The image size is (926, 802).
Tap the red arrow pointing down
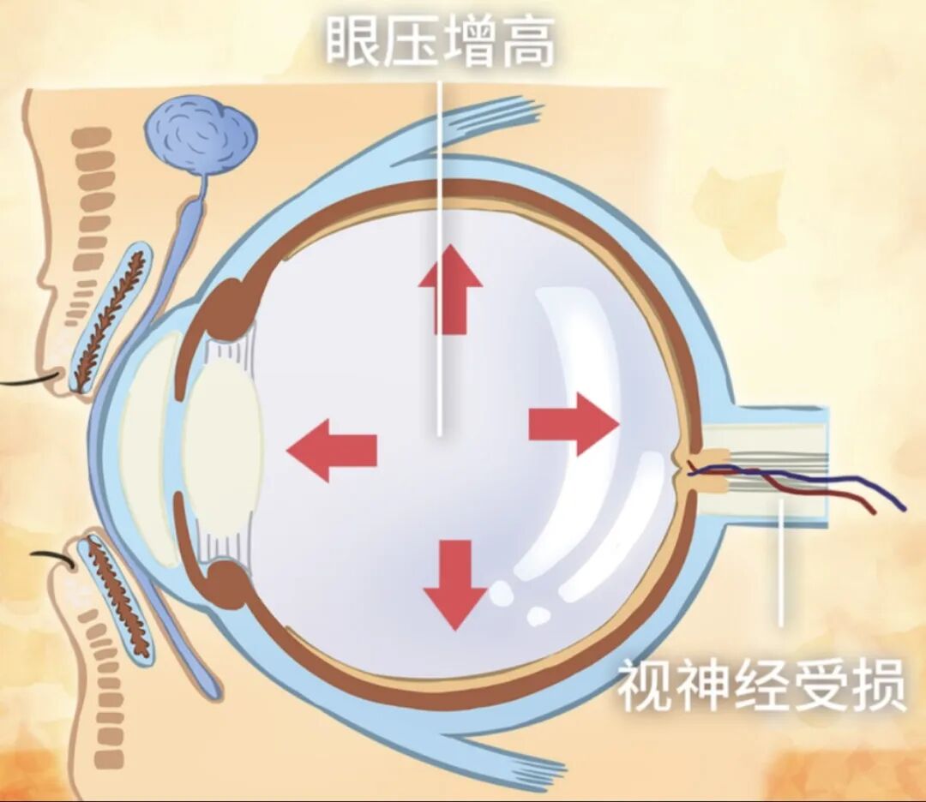point(455,584)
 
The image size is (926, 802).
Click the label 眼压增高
point(440,40)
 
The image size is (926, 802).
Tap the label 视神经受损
point(761,685)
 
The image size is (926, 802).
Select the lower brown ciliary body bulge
point(227,584)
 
